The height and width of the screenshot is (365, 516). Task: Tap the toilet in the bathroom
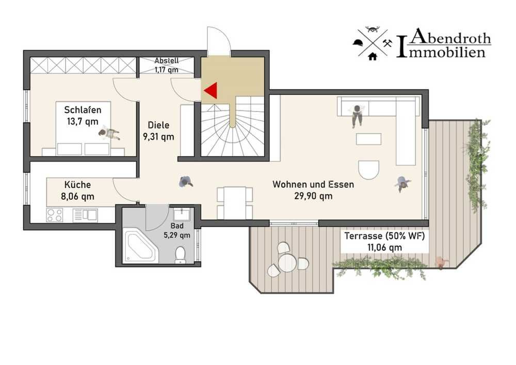coord(180,256)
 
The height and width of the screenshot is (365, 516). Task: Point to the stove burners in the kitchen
coord(55,215)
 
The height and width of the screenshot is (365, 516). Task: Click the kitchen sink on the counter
coord(85,215)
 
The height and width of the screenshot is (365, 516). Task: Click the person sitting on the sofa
coord(357,116)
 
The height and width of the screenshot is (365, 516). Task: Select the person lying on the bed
coord(109,133)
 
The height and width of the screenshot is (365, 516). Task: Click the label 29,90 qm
coord(313,196)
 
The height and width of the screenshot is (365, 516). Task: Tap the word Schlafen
coord(83,109)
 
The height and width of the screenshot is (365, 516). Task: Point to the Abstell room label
coord(167,65)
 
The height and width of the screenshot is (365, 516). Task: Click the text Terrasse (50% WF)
coord(384,236)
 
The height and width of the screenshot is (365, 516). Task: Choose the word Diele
coord(158,125)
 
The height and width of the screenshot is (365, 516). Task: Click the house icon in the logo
coord(373,56)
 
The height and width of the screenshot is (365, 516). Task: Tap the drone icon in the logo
coord(373,29)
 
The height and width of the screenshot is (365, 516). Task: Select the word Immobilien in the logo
coord(441,52)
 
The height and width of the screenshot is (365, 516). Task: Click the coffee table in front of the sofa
coord(368,139)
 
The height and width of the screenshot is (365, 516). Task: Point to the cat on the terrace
coord(441,263)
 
